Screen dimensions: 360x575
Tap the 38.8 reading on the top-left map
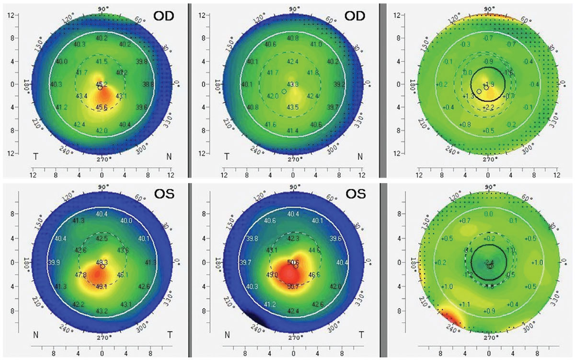[148, 84]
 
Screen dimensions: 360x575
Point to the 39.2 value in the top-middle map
[339, 84]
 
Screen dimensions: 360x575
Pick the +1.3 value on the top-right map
[469, 96]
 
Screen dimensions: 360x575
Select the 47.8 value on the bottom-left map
[81, 275]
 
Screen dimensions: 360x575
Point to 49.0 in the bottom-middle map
[272, 275]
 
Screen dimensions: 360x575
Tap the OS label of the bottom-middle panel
[355, 194]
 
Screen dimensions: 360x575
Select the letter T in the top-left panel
[35, 156]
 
